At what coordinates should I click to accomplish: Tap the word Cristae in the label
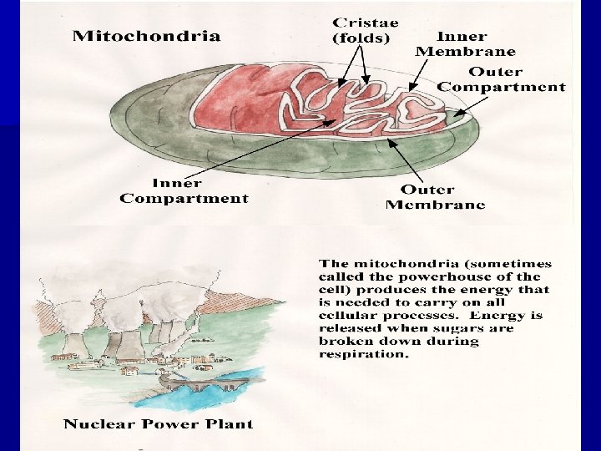coord(365,22)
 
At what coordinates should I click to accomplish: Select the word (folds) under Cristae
coord(361,38)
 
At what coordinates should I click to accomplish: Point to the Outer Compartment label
coord(501,79)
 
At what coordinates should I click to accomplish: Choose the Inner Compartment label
coord(184,190)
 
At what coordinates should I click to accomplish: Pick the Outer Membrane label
coord(435,197)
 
